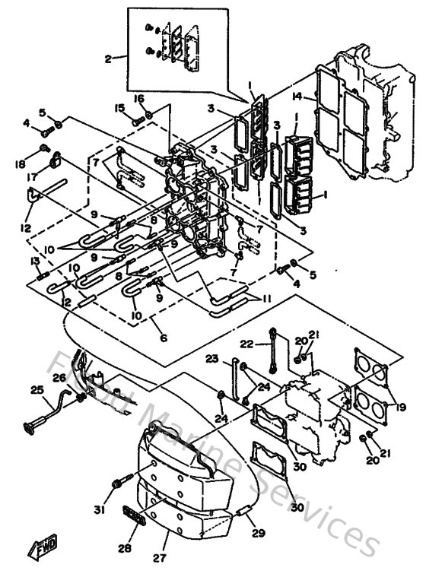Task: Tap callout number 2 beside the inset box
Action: click(x=108, y=59)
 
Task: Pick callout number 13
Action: click(x=34, y=262)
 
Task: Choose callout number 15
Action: click(x=119, y=108)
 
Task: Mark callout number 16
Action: click(x=139, y=99)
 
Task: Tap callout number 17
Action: click(x=33, y=177)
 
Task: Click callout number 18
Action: click(x=19, y=164)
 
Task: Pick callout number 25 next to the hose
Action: click(x=37, y=390)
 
